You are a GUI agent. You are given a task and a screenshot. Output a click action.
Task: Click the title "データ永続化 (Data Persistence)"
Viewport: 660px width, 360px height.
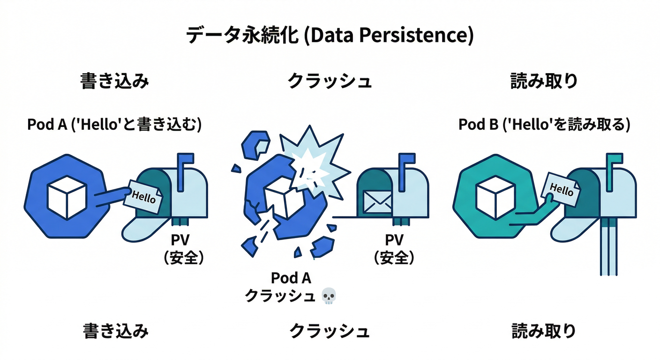tap(330, 36)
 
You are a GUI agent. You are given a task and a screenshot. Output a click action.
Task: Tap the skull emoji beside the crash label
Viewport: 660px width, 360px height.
tap(330, 296)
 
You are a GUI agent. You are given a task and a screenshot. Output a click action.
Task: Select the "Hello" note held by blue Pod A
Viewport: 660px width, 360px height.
tap(144, 197)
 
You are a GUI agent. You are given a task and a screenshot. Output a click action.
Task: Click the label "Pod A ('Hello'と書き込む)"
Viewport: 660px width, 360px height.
tap(115, 125)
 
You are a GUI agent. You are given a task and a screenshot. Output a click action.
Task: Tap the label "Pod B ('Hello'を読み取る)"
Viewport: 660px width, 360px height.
tap(544, 125)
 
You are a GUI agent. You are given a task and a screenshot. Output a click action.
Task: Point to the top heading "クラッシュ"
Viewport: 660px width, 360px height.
tap(330, 81)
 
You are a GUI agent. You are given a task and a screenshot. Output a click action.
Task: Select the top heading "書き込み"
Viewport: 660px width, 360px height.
tap(115, 81)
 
